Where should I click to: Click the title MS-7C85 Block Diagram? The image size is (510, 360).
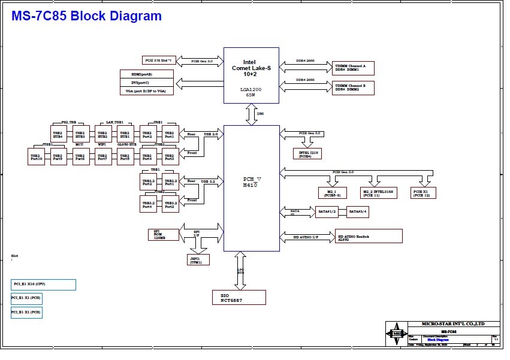tap(87, 16)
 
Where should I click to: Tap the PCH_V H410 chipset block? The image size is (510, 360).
tap(251, 188)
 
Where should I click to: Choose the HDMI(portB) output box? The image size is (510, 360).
tap(147, 74)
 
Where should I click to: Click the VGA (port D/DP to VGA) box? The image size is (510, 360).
tap(147, 91)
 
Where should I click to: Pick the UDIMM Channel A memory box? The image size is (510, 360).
tap(353, 68)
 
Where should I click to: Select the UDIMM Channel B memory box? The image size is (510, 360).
tap(353, 87)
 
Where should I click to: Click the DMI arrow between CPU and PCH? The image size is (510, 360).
tap(252, 114)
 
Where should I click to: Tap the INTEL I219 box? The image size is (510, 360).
tap(306, 154)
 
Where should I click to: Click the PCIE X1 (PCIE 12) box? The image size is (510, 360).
tap(423, 193)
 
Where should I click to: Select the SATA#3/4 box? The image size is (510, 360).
tap(358, 211)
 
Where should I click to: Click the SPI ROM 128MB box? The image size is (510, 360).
tap(159, 234)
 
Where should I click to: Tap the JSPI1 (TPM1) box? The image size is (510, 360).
tap(198, 259)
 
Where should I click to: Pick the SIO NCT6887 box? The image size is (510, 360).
tap(239, 297)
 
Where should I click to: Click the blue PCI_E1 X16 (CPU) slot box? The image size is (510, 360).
tap(43, 285)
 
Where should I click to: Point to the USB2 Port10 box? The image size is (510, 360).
tap(36, 157)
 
